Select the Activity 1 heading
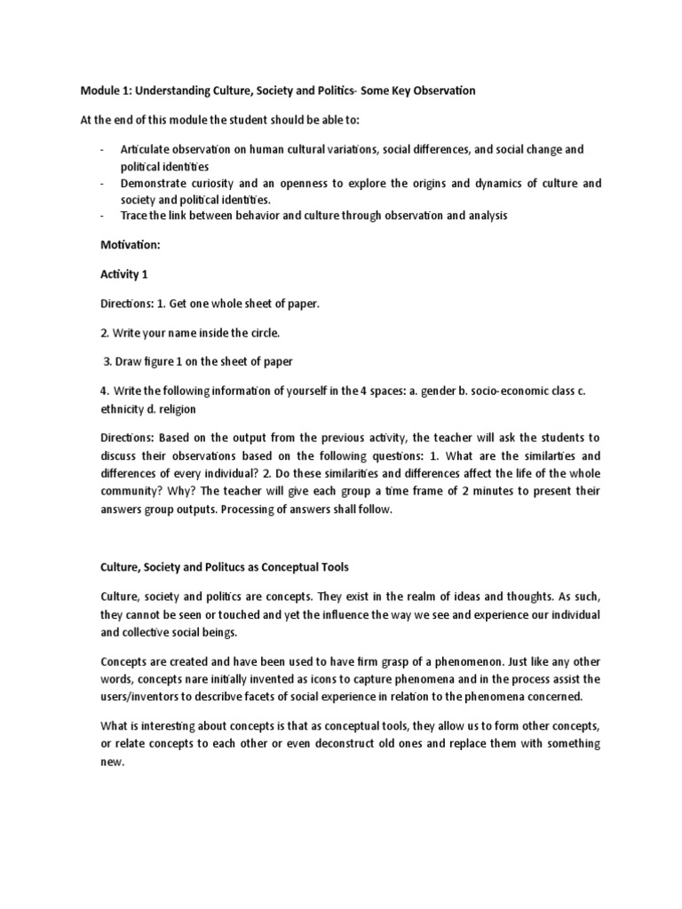(x=124, y=274)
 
